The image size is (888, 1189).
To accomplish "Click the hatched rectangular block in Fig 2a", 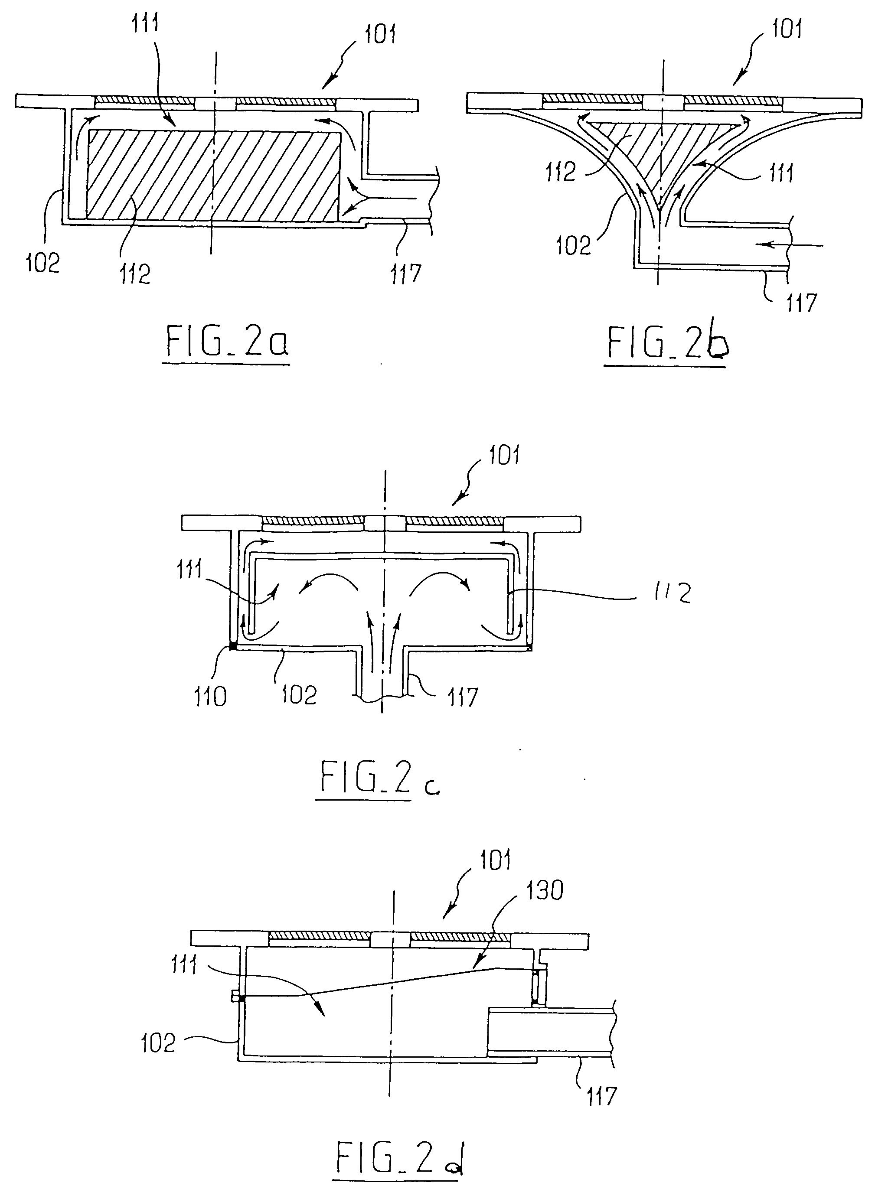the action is tap(213, 175).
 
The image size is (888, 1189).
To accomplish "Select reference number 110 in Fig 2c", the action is tap(209, 697).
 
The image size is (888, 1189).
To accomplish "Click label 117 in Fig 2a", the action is tap(406, 274).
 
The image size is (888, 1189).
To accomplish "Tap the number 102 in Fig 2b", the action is tap(573, 245).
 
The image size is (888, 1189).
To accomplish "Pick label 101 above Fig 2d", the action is tap(495, 860).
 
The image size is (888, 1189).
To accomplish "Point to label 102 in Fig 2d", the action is tap(158, 1043).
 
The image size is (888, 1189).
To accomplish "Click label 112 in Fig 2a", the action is tap(134, 274).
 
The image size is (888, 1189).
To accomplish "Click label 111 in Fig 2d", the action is tap(184, 965).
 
